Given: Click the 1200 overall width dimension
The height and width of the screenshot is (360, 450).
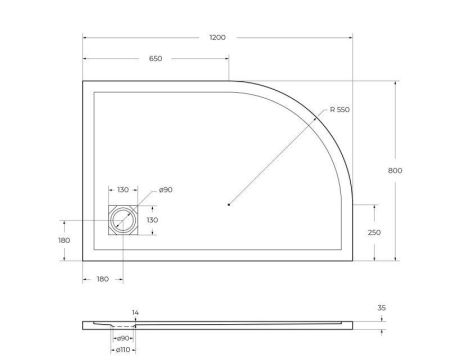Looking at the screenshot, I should pos(217,37).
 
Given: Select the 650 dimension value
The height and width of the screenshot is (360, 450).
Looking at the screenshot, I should pos(155,59).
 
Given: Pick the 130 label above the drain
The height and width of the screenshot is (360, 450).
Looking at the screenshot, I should pos(123,190).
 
